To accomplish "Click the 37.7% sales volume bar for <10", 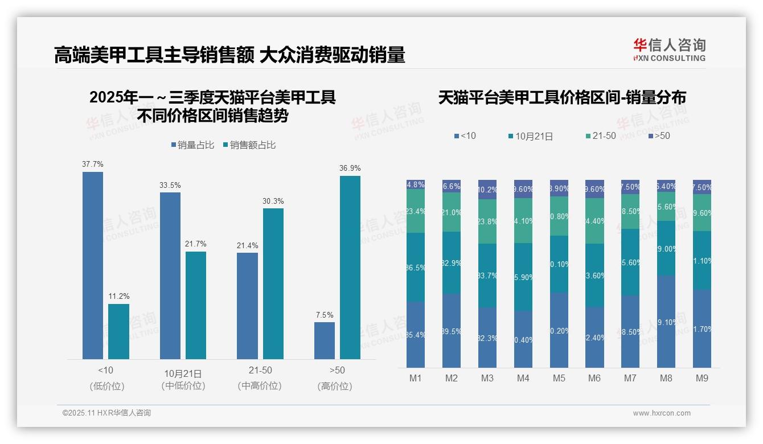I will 93,265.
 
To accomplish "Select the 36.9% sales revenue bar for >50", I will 350,268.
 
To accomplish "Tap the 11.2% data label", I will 118,296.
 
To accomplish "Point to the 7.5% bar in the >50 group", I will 324,340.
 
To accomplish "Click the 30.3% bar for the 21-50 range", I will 273,283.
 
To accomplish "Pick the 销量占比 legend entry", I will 192,145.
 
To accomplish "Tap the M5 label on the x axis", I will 559,378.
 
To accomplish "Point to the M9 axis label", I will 702,378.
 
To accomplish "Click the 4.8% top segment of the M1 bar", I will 416,184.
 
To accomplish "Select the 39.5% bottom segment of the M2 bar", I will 452,331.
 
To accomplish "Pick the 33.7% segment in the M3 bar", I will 487,276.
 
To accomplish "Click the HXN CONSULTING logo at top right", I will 669,50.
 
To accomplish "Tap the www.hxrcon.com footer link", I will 662,413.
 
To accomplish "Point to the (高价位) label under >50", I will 335,386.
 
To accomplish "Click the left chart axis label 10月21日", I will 183,373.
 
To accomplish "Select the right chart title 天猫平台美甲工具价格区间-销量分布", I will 562,97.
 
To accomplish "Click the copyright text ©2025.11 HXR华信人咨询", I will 106,413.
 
